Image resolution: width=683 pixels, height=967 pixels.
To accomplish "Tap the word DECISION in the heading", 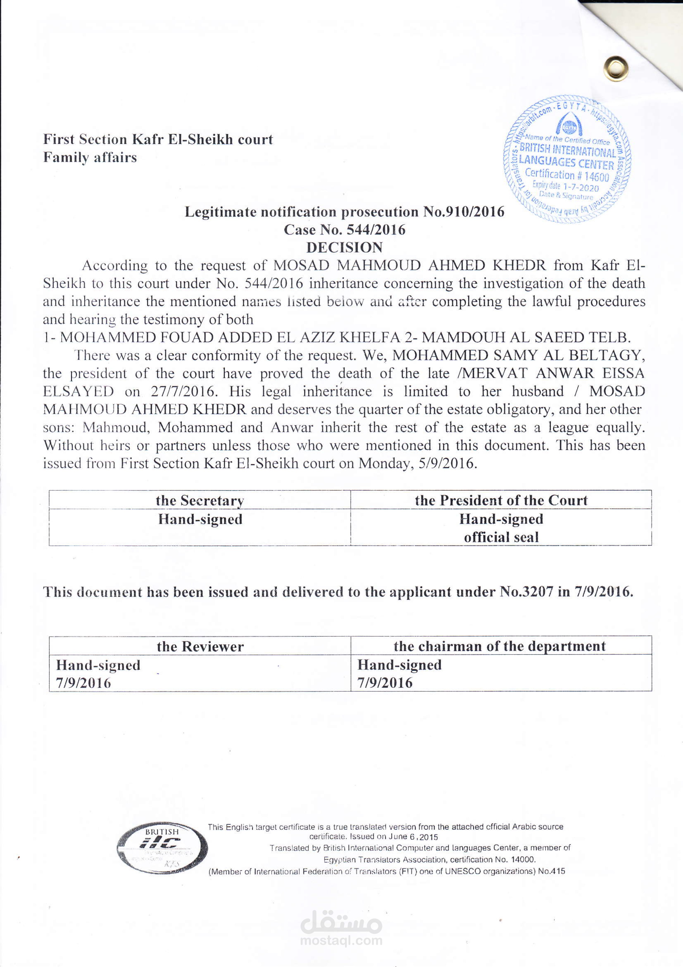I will pyautogui.click(x=344, y=247).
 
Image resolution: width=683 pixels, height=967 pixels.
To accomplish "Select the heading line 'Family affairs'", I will pyautogui.click(x=90, y=157).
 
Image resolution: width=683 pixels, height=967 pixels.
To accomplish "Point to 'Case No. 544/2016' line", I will pyautogui.click(x=344, y=229).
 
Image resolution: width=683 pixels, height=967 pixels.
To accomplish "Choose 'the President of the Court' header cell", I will pyautogui.click(x=501, y=500).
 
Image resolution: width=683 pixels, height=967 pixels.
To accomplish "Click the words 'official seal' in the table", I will pyautogui.click(x=501, y=537).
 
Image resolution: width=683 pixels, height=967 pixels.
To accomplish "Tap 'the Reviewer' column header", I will pyautogui.click(x=200, y=647).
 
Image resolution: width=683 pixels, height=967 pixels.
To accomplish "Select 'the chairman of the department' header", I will pyautogui.click(x=500, y=646).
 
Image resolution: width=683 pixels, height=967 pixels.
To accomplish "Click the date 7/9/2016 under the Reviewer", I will pyautogui.click(x=84, y=683).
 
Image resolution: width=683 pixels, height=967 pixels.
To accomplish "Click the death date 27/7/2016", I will pyautogui.click(x=183, y=391).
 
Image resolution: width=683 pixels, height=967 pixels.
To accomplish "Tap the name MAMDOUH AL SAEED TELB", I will pyautogui.click(x=526, y=337).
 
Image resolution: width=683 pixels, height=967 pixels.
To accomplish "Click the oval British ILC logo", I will pyautogui.click(x=162, y=848).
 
